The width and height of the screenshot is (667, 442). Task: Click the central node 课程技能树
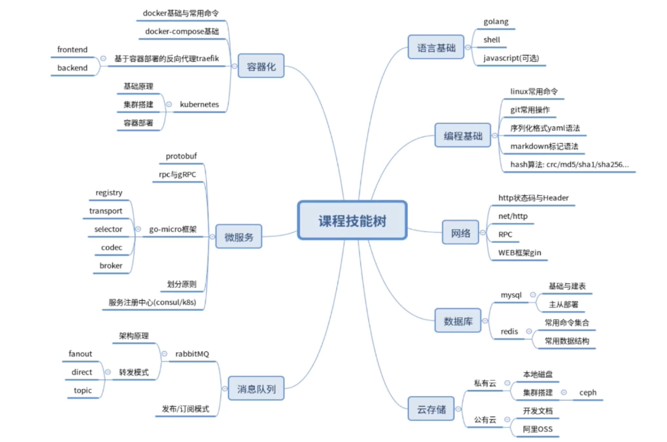352,220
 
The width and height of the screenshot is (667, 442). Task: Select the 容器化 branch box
261,66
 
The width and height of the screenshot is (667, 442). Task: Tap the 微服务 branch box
239,237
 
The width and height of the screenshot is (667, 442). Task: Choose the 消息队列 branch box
256,389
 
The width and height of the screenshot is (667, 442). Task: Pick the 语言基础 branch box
436,47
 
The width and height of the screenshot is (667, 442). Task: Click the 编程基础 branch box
462,136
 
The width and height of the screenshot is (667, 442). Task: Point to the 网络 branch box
460,233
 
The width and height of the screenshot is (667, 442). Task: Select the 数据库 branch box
458,321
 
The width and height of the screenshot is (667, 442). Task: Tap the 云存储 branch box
431,409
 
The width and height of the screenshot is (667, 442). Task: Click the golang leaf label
496,22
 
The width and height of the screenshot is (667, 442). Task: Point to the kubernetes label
199,104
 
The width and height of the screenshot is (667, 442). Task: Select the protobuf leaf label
181,156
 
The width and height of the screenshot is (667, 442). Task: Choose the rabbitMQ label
192,354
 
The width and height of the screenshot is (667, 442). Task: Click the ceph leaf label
587,393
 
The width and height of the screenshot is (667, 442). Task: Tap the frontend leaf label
72,49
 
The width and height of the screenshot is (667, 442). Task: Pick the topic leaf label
82,390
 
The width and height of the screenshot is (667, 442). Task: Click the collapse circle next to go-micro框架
138,229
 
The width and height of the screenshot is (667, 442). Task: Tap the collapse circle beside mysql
533,295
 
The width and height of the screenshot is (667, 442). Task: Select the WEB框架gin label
519,253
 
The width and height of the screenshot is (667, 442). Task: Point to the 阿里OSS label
537,429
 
